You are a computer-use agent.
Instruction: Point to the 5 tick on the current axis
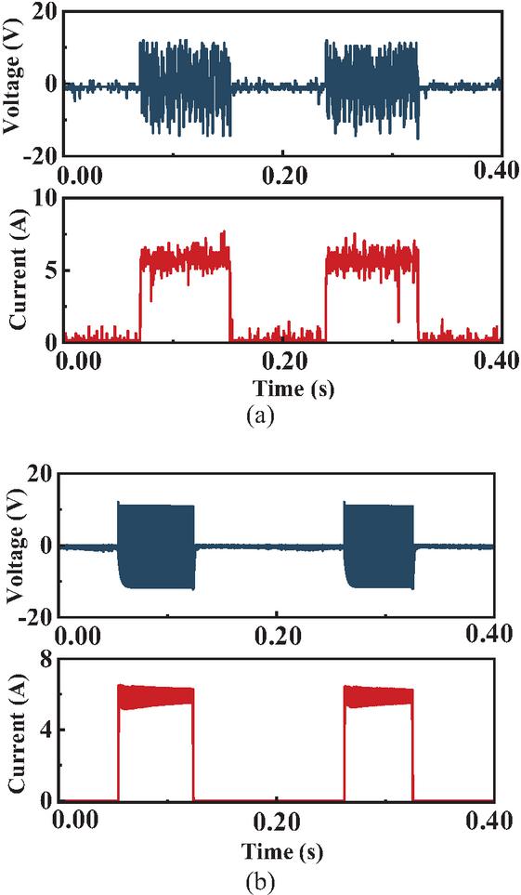[x=50, y=270]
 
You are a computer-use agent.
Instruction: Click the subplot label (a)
[x=260, y=415]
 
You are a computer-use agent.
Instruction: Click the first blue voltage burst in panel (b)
[x=156, y=546]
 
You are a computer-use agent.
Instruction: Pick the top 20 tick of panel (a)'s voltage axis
[x=46, y=13]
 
